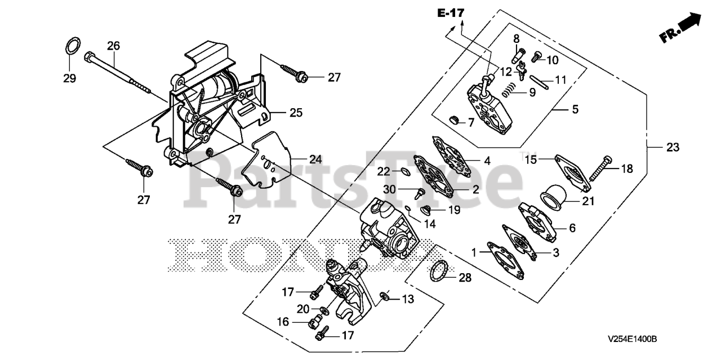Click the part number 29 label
click(69, 79)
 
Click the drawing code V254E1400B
click(633, 340)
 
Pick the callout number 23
click(673, 148)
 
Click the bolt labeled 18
click(601, 170)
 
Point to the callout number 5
click(575, 109)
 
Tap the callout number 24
click(315, 159)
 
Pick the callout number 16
click(283, 322)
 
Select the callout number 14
click(430, 224)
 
